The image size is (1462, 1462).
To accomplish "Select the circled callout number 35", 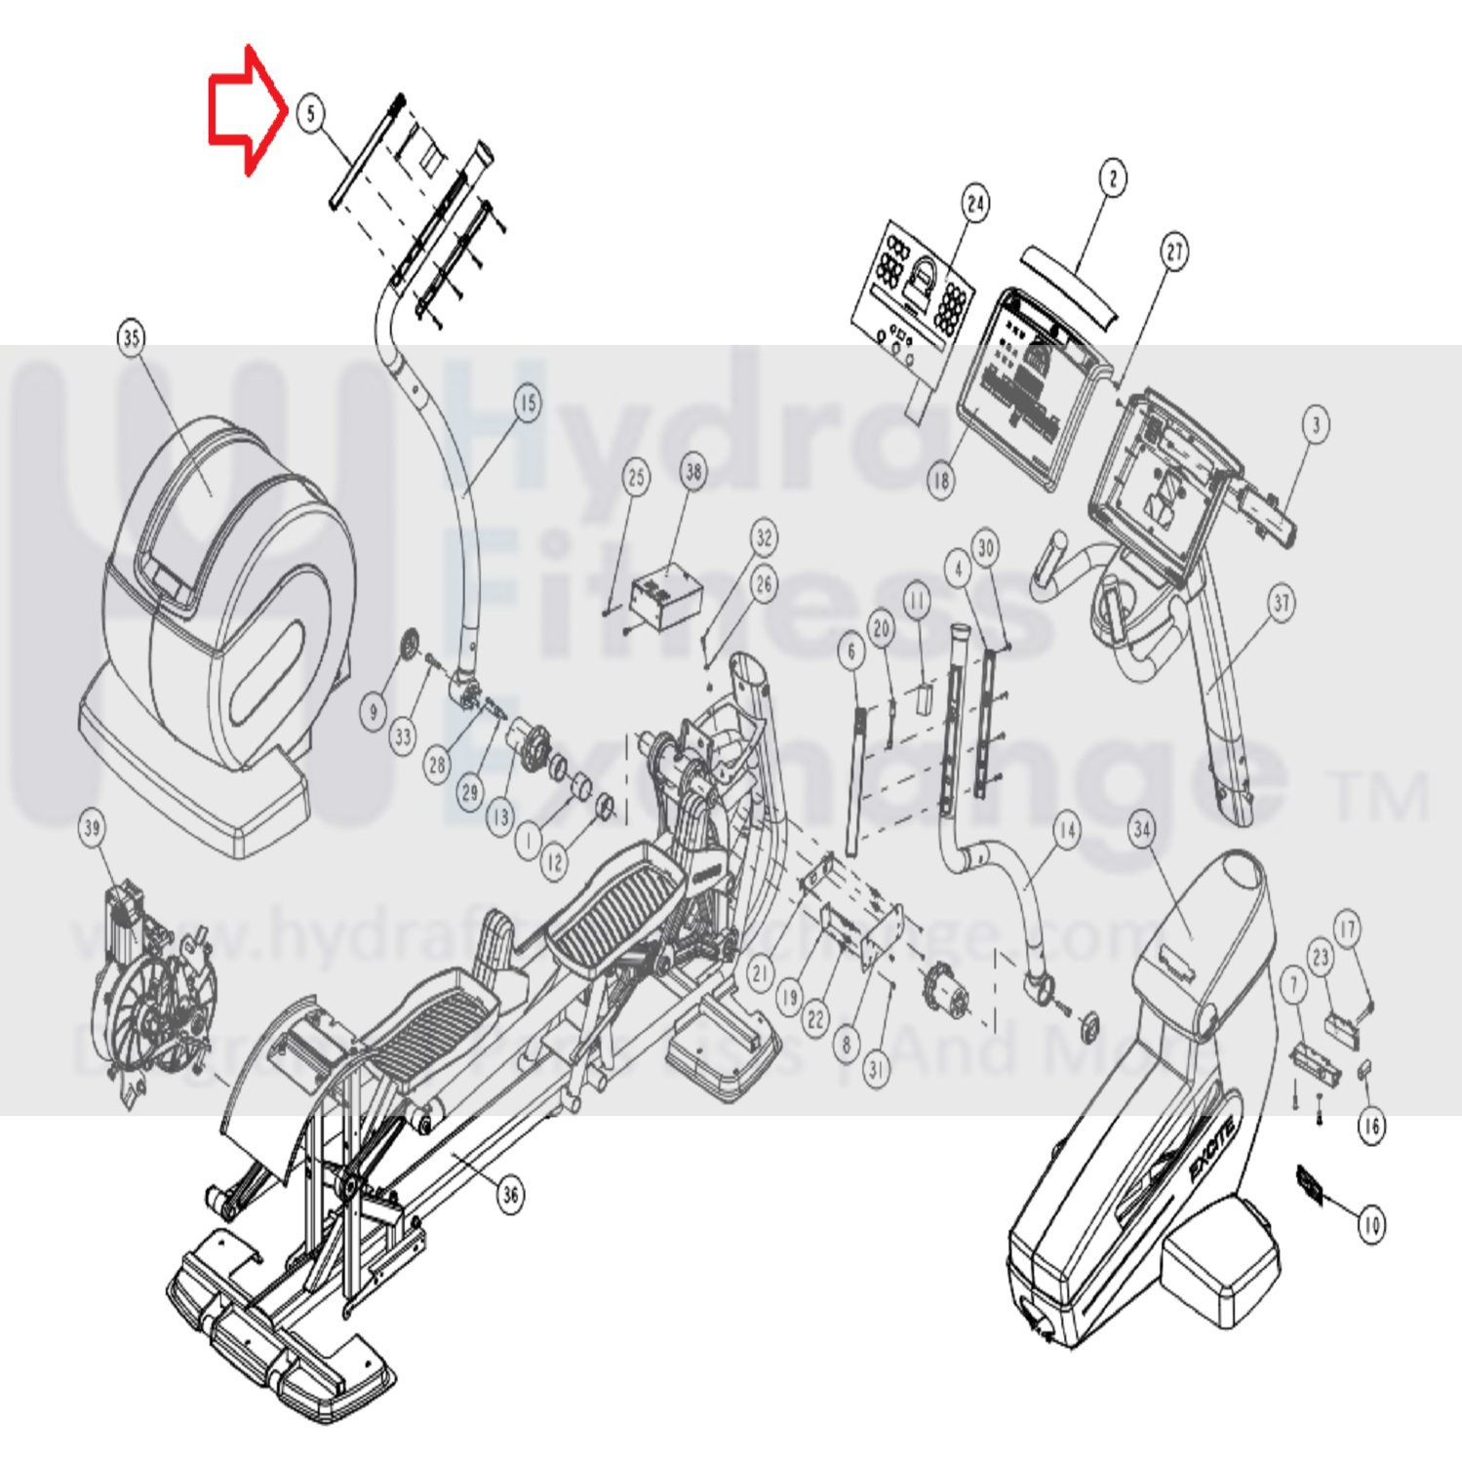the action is [x=132, y=338].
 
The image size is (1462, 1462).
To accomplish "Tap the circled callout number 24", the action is [x=975, y=204].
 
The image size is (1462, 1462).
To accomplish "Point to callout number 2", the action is [x=1113, y=178].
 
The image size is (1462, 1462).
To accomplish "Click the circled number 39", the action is [x=92, y=828].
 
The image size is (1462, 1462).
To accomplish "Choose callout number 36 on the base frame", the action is [x=510, y=1194].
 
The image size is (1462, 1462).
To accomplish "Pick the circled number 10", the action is [x=1371, y=1224].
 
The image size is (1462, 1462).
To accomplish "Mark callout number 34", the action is [x=1142, y=830].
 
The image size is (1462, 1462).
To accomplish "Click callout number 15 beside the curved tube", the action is [x=527, y=403].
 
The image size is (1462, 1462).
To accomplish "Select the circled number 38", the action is [x=693, y=472].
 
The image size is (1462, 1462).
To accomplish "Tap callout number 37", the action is [x=1282, y=603].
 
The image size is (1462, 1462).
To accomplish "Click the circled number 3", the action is [x=1316, y=424].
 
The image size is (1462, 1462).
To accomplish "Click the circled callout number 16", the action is [x=1371, y=1126].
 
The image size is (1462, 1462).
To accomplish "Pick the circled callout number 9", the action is [x=373, y=712].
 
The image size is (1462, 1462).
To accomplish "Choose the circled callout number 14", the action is [x=1067, y=831].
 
